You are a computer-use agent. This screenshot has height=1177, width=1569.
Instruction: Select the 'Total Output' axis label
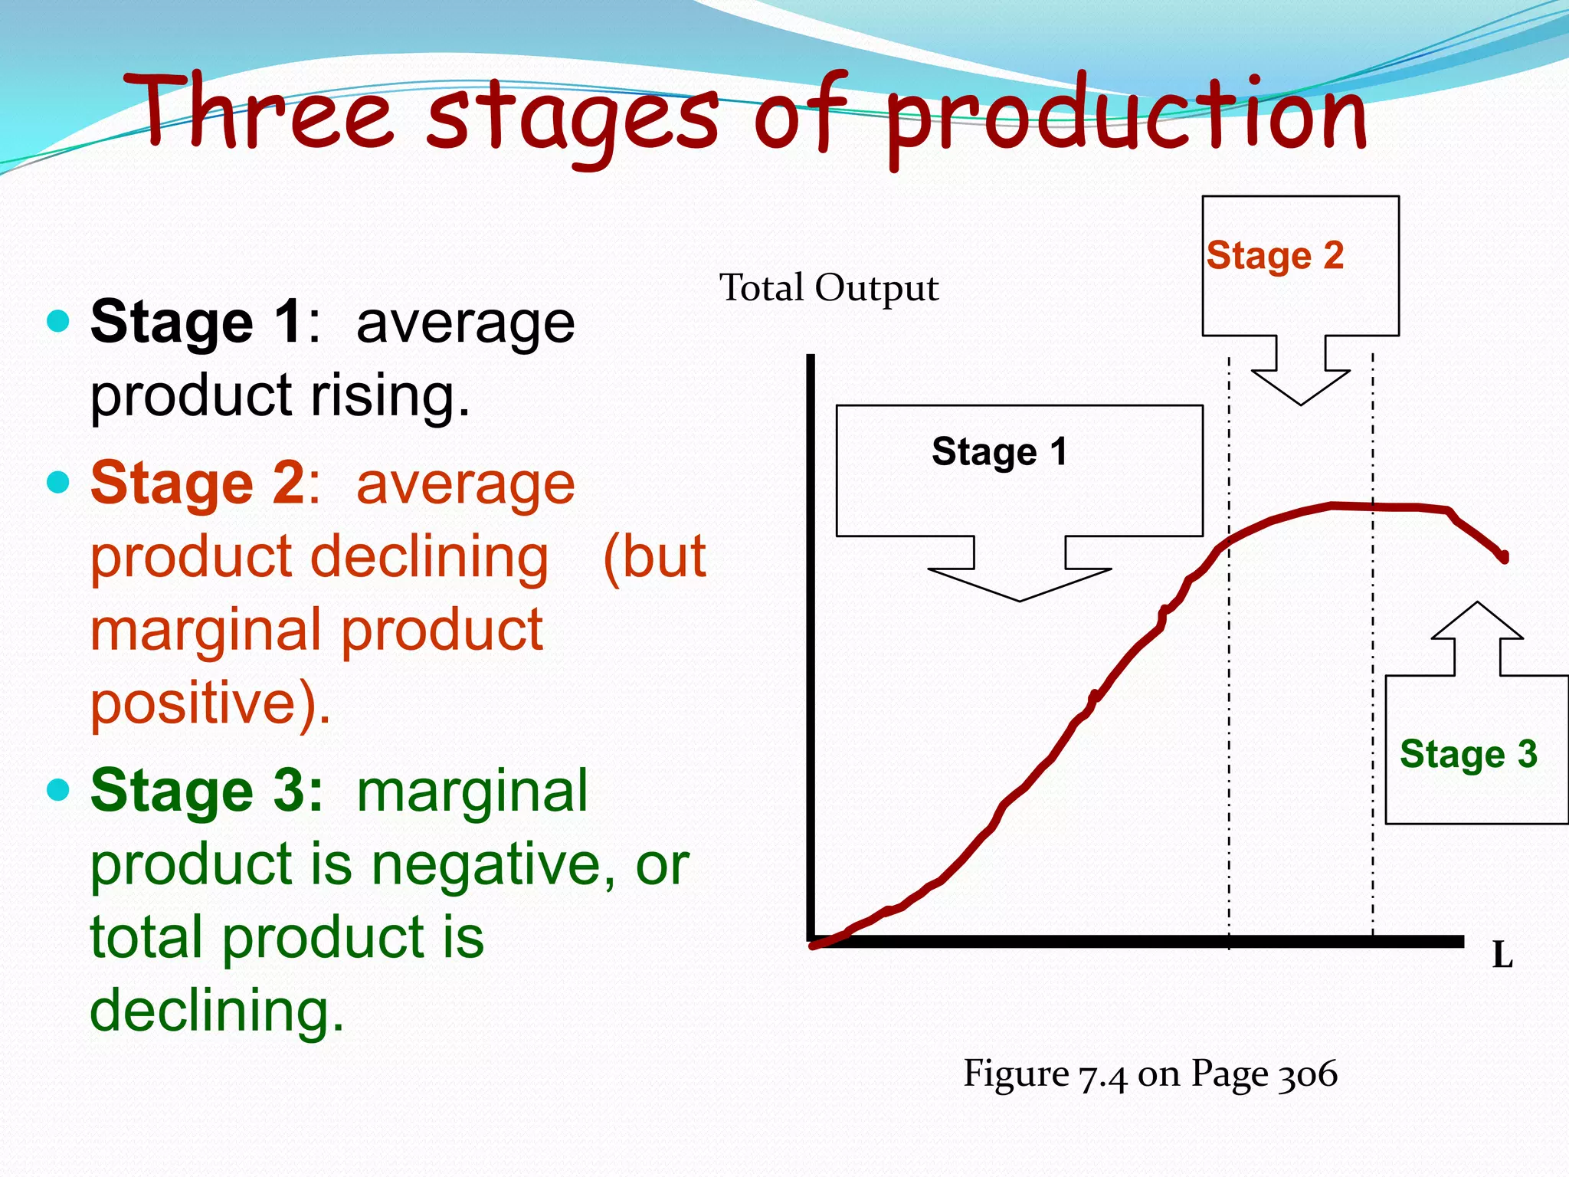click(829, 289)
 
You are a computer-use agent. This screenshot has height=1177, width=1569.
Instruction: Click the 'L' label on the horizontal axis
click(1502, 956)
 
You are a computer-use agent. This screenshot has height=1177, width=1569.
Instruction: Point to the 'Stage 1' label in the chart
click(999, 451)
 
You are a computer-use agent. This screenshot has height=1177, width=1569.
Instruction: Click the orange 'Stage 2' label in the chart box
click(1275, 255)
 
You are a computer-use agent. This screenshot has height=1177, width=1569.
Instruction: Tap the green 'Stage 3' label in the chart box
click(1468, 754)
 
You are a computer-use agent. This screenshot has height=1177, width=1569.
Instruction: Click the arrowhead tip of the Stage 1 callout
click(1020, 598)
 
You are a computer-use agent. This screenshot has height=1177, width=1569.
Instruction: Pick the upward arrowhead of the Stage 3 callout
click(1477, 606)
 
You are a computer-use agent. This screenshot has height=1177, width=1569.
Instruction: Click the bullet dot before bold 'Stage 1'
click(58, 320)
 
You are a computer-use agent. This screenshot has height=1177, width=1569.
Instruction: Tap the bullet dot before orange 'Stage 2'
click(58, 482)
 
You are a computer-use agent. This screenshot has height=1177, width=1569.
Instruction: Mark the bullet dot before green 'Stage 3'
click(58, 789)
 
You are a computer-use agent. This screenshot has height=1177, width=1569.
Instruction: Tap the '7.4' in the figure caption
click(1102, 1076)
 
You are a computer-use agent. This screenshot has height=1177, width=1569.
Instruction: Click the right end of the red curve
click(1505, 558)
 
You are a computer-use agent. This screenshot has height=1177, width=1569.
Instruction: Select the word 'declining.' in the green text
click(217, 1011)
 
